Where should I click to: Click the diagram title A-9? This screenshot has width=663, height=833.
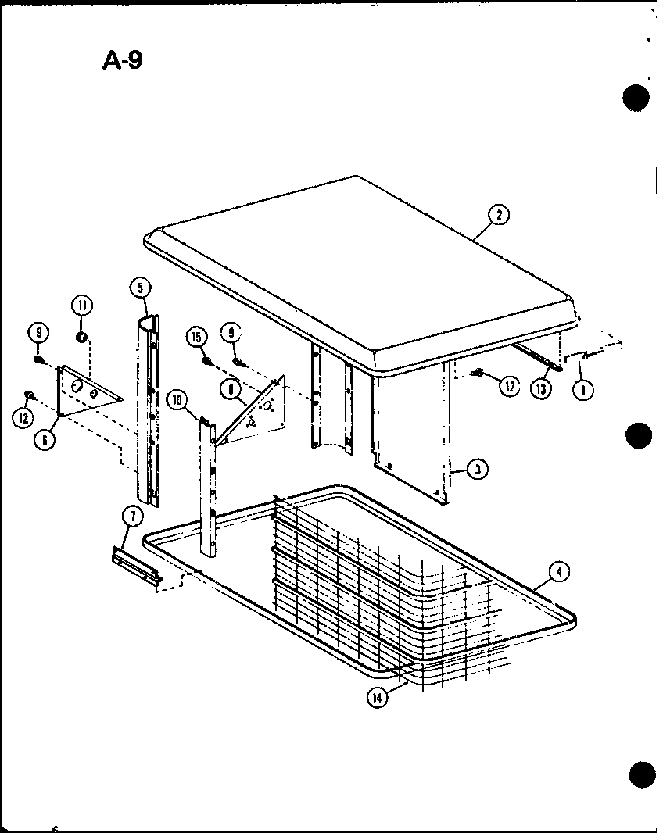click(x=123, y=59)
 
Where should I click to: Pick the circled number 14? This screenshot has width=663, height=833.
click(x=378, y=698)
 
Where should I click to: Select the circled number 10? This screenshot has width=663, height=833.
click(x=178, y=400)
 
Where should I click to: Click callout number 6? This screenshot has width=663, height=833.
click(x=46, y=440)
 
